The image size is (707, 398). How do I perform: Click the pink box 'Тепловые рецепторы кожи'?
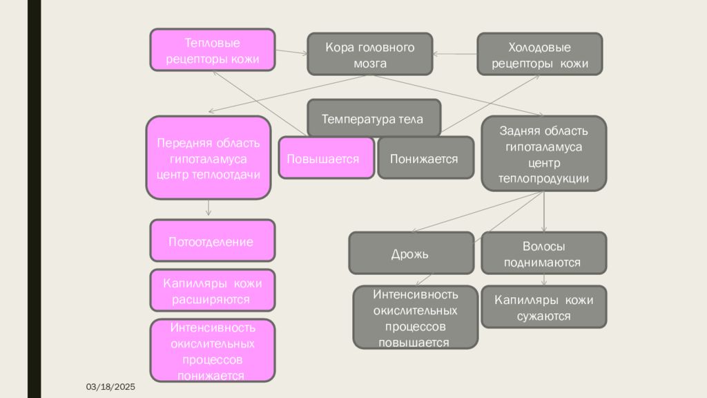[x=213, y=50]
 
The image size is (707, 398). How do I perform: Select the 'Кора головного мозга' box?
[x=370, y=54]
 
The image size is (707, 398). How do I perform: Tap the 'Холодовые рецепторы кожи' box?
[x=540, y=54]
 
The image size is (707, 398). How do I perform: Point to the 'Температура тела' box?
[x=374, y=117]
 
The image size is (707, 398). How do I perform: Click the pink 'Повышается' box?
[x=327, y=158]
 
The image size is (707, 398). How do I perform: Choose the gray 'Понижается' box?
[x=425, y=158]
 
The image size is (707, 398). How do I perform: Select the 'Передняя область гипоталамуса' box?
[x=209, y=158]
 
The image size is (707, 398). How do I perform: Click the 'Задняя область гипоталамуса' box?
[x=544, y=153]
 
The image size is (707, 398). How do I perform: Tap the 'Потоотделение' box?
[x=213, y=240]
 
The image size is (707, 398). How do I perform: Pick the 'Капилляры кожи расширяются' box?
[x=213, y=290]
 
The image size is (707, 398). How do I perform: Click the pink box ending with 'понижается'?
[x=213, y=350]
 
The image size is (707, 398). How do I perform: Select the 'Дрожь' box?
[x=411, y=253]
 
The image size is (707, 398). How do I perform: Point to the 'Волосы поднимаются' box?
[x=544, y=253]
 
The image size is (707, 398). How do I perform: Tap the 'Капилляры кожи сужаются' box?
[x=544, y=307]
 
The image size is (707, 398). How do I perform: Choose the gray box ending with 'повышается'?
[x=415, y=317]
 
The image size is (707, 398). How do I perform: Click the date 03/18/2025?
[x=110, y=387]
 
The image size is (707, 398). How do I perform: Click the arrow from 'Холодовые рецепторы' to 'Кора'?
[x=455, y=54]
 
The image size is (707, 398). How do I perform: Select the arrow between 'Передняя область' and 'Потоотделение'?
[x=209, y=207]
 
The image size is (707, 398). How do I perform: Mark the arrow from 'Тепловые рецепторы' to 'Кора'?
[x=291, y=52]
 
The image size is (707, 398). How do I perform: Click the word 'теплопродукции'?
[x=543, y=179]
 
